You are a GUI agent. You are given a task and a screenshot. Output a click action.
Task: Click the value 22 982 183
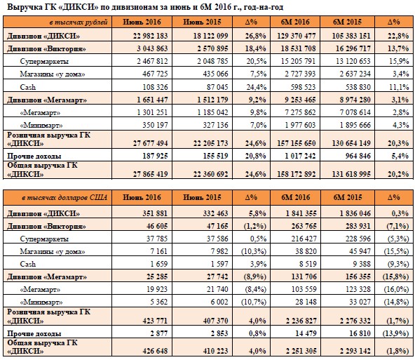[x=150, y=36]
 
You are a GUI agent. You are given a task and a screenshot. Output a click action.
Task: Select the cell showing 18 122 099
[x=211, y=36]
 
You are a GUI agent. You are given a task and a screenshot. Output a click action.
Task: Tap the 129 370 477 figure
[x=297, y=36]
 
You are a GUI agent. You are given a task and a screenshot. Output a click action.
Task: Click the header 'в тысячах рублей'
[x=79, y=22]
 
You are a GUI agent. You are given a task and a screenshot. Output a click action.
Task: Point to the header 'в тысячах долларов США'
[x=64, y=198]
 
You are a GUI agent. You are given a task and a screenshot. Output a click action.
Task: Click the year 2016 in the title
[x=224, y=6]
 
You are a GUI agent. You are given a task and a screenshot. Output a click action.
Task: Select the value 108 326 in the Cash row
[x=155, y=87]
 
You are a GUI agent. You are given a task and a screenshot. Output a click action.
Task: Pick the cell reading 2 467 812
[x=152, y=61]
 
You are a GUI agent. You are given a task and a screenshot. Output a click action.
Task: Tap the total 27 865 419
[x=150, y=174]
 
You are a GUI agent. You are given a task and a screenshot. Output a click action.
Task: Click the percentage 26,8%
[x=255, y=36]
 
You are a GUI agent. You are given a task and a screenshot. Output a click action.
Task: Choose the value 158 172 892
[x=297, y=174]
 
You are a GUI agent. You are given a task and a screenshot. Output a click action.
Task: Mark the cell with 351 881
[x=155, y=213]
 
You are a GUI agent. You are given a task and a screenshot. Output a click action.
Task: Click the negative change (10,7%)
[x=254, y=302]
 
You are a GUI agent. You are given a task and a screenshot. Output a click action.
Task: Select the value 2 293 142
[x=355, y=351]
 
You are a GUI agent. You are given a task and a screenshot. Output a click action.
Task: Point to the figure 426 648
[x=155, y=351]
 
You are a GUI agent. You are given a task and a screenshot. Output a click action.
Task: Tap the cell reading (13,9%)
[x=396, y=333]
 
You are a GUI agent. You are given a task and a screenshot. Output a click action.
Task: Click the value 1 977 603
[x=301, y=125]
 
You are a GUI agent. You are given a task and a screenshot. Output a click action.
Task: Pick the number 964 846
[x=358, y=156]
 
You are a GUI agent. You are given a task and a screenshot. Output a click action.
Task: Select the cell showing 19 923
[x=157, y=289]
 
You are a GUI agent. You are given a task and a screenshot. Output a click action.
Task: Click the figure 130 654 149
[x=351, y=143]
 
